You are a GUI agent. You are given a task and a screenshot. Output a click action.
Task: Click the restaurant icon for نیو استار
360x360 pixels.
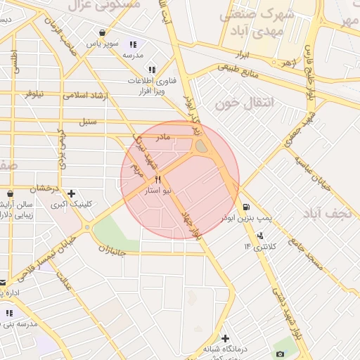point(158,179)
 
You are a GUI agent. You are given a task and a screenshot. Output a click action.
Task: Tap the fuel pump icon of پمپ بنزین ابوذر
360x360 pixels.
point(245,207)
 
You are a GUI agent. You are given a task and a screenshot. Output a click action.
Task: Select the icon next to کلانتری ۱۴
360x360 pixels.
point(261,236)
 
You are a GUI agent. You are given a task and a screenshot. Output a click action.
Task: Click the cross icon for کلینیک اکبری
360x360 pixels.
point(71,193)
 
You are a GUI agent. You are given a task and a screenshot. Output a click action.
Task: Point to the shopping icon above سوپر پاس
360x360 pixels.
point(103,32)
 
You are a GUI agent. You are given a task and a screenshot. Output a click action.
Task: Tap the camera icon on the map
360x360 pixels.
point(281,354)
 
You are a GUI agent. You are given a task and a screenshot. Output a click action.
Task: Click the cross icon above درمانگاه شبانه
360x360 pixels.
point(225,338)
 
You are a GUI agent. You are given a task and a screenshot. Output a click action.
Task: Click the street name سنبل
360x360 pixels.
point(87,121)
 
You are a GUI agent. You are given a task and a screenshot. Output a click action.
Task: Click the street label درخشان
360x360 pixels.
point(43,188)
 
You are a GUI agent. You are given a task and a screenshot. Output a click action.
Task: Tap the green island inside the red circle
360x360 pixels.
point(201,146)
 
